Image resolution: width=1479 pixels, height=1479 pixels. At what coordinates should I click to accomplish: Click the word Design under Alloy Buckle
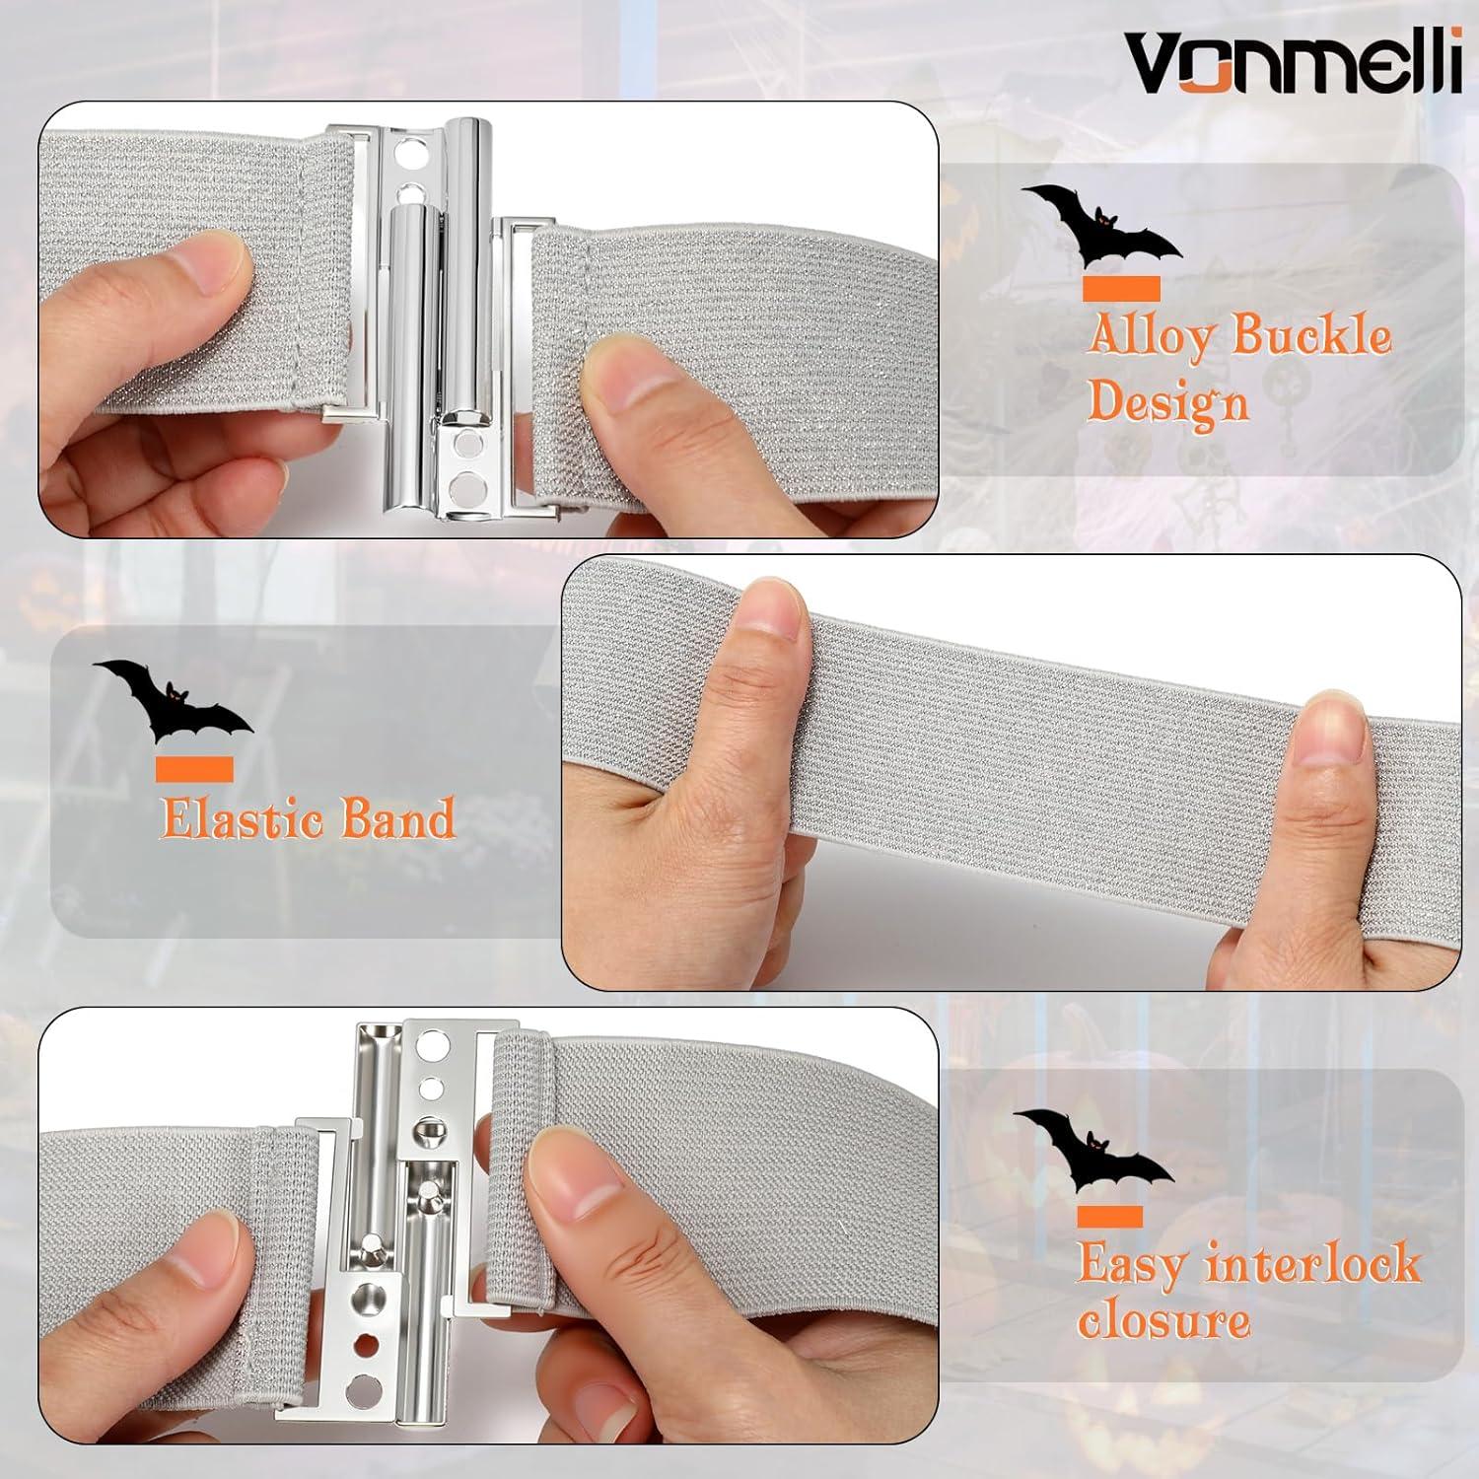[x=1167, y=401]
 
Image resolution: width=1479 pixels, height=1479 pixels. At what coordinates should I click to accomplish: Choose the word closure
[x=1162, y=1322]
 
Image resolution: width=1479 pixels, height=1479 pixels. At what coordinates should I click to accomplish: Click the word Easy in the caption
[x=1130, y=1265]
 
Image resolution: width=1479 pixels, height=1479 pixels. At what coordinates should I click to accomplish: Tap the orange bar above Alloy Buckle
[x=1121, y=288]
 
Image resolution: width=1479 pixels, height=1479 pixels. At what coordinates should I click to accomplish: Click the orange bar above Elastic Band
[x=193, y=769]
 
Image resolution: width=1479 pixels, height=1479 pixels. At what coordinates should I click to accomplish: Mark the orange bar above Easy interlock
[x=1109, y=1217]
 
